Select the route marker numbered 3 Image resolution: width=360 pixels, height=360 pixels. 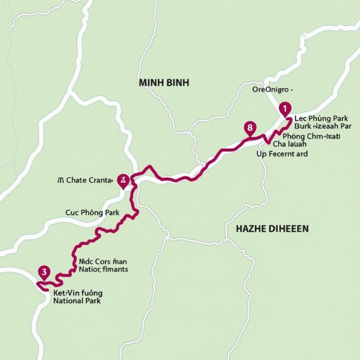pos(44,272)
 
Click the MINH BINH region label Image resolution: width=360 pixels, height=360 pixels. pos(164,83)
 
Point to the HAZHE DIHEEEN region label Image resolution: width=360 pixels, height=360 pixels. pos(272,229)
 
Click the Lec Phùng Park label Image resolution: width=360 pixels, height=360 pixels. pos(321,119)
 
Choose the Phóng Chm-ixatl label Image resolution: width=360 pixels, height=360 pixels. pos(311,136)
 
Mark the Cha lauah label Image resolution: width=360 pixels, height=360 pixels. pos(290,144)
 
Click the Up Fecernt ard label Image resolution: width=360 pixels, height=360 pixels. pos(282,154)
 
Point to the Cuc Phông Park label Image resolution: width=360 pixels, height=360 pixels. pos(92,212)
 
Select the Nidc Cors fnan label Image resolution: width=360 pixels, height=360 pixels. pos(103,261)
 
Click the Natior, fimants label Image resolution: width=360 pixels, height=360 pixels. pos(103,270)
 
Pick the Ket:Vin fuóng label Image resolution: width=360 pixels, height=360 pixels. pos(78,292)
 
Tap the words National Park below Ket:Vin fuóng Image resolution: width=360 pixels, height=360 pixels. pos(77,301)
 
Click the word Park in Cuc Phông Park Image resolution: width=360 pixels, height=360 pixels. pos(112,212)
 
